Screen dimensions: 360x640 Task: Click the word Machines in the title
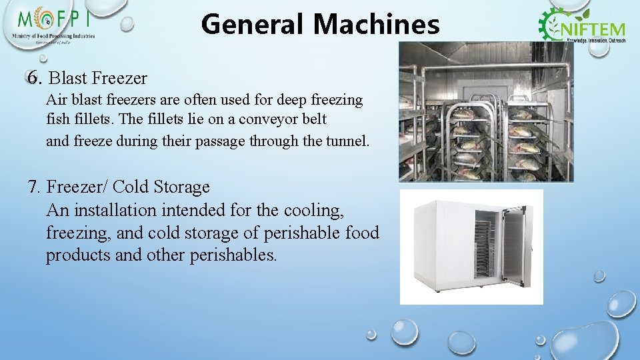tap(376, 25)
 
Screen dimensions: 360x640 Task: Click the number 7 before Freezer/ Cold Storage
tap(35, 187)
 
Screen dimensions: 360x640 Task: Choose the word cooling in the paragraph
tap(313, 210)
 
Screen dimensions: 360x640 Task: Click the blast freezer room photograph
tap(486, 112)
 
